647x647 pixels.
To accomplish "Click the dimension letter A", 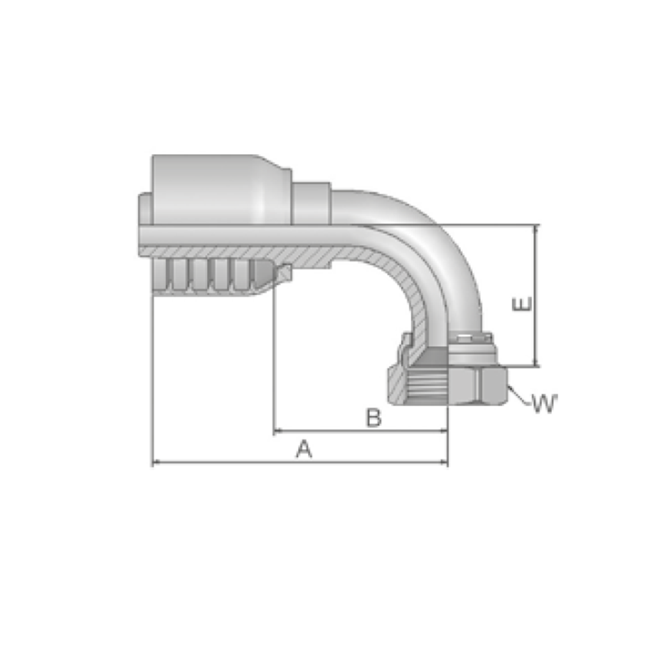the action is coord(304,449).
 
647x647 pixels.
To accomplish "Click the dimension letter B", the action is coord(374,417).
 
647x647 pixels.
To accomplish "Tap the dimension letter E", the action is coord(521,304).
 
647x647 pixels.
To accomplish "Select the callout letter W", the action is coord(545,403).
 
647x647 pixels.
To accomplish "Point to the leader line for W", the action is coord(519,395).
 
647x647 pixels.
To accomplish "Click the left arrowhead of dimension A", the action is coord(156,462).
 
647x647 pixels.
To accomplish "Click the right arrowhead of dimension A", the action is coord(444,462).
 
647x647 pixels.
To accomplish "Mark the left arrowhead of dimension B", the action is coord(278,431).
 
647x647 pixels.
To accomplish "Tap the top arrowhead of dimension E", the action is coord(536,228).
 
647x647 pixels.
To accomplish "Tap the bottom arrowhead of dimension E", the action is coord(536,363).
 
